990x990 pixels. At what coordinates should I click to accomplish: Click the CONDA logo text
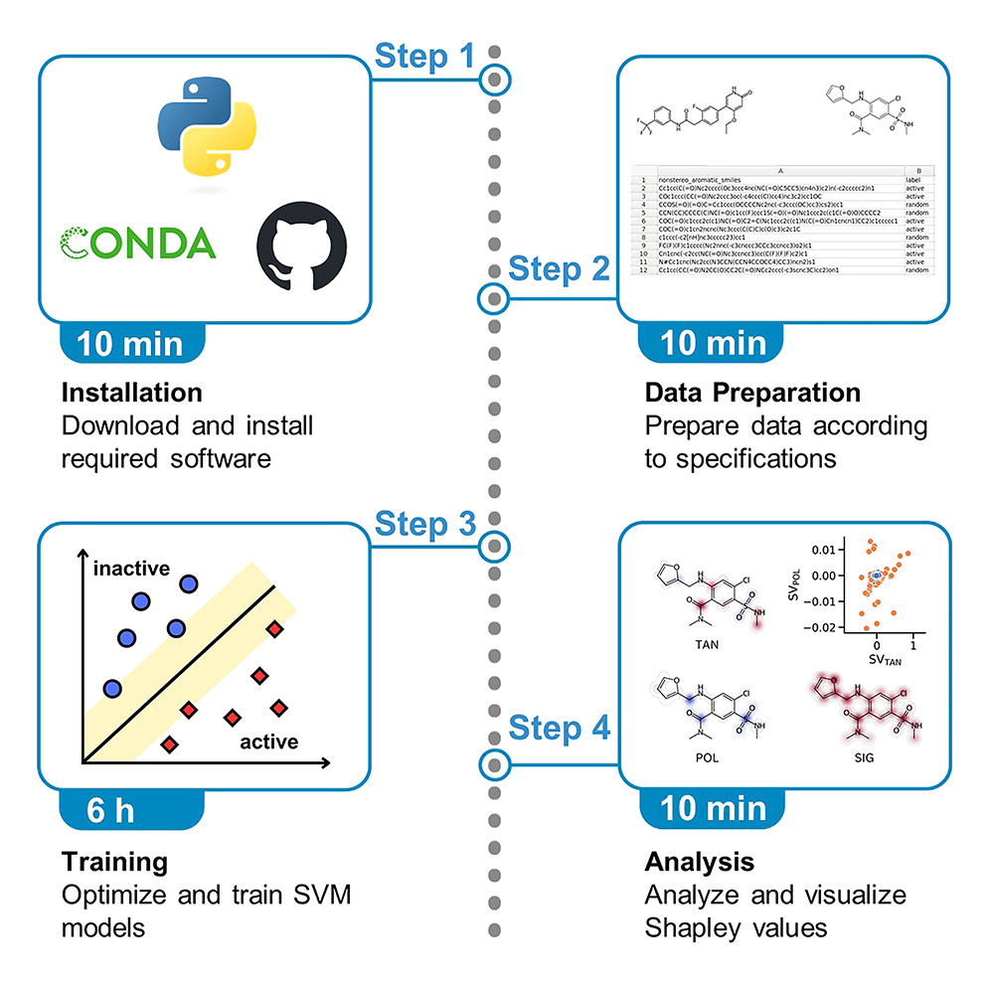click(139, 243)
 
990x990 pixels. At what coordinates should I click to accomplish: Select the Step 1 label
click(424, 57)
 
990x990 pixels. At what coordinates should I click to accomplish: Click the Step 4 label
click(559, 728)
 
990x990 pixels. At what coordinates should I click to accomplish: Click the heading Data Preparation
click(752, 392)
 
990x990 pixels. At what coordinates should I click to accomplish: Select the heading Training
click(114, 860)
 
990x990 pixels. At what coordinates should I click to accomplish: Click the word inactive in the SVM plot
click(132, 569)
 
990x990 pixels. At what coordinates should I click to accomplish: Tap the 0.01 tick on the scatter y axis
click(821, 550)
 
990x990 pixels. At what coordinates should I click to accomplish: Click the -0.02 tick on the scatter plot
click(818, 627)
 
